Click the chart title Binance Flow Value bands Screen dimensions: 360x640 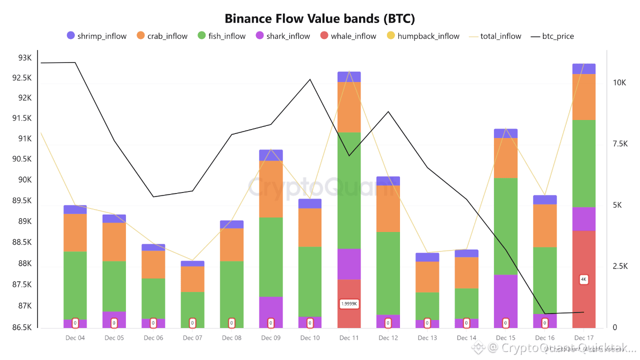click(320, 18)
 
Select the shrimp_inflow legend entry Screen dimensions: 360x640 click(96, 36)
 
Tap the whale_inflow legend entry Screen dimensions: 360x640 click(348, 36)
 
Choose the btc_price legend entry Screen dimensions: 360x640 click(552, 36)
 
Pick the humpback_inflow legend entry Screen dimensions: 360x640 click(423, 36)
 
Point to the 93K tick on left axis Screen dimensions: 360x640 click(24, 58)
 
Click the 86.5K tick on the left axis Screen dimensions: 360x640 click(21, 327)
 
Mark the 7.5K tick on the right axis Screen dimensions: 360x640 click(620, 144)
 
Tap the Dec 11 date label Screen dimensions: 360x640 click(349, 338)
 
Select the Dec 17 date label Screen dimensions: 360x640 click(583, 338)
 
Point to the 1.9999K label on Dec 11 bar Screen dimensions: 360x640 click(349, 303)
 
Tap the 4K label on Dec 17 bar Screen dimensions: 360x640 click(583, 279)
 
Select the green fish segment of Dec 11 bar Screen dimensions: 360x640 click(349, 190)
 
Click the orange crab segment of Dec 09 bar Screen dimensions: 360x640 click(271, 189)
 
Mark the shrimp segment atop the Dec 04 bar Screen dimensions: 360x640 click(75, 209)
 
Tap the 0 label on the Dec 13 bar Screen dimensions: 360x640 click(427, 323)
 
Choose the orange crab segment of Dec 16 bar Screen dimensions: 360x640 click(544, 225)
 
